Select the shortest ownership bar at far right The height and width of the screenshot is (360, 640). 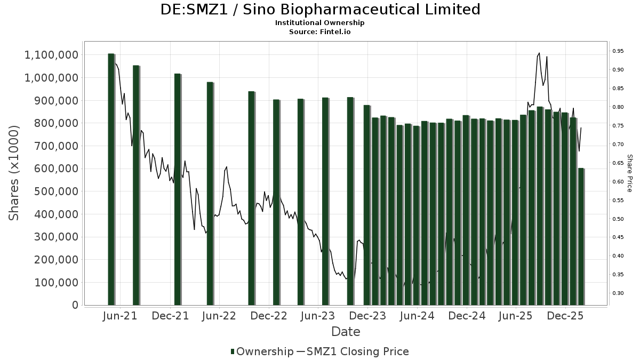pyautogui.click(x=581, y=237)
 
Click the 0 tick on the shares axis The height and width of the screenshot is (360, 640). pyautogui.click(x=74, y=305)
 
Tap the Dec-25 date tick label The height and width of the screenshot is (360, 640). pyautogui.click(x=566, y=316)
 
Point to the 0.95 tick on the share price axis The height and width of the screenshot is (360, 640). pyautogui.click(x=618, y=51)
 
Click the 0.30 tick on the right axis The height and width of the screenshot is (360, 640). pyautogui.click(x=618, y=293)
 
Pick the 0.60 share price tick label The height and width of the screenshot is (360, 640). pyautogui.click(x=618, y=182)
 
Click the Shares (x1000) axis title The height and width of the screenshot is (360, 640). pyautogui.click(x=15, y=173)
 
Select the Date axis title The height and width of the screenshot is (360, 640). pyautogui.click(x=346, y=332)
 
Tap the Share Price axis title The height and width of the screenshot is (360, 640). pyautogui.click(x=629, y=173)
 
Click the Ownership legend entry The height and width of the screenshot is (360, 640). pyautogui.click(x=261, y=351)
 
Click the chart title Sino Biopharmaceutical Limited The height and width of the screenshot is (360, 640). pyautogui.click(x=320, y=10)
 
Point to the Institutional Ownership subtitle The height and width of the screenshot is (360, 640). pyautogui.click(x=320, y=23)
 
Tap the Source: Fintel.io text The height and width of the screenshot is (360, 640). pyautogui.click(x=320, y=31)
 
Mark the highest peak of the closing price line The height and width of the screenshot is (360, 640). pyautogui.click(x=539, y=53)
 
